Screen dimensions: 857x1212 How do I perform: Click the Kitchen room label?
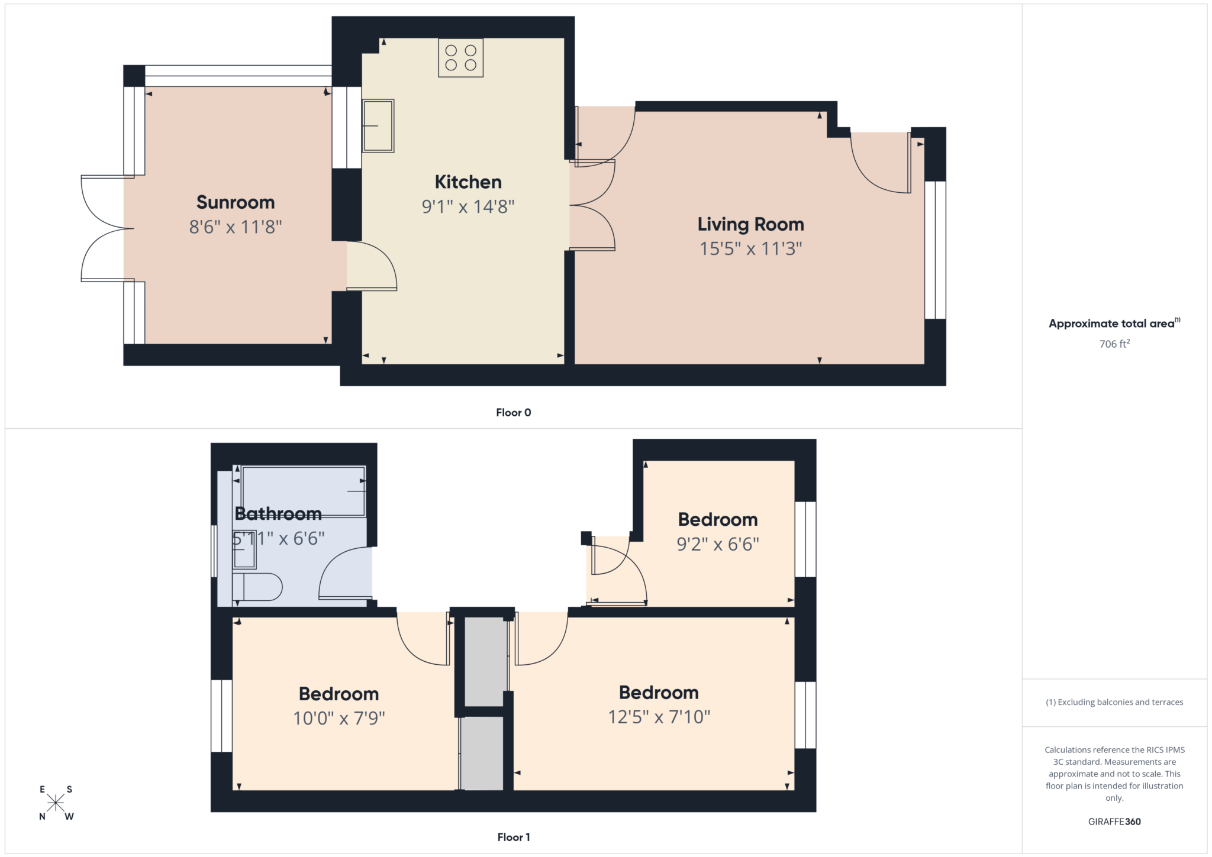click(468, 182)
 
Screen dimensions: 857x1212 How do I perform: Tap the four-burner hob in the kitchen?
click(460, 58)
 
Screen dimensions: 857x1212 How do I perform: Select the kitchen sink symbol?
click(378, 125)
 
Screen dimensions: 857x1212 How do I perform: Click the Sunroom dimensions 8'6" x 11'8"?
click(235, 227)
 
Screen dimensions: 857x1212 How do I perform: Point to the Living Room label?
click(750, 224)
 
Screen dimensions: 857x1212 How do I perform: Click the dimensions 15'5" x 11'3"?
click(750, 248)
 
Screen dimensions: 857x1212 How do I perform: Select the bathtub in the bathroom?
click(303, 491)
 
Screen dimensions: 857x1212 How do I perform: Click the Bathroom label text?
click(278, 513)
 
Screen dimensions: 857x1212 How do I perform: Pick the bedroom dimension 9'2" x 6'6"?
click(717, 544)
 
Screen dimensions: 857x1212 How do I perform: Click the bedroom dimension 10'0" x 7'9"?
click(339, 718)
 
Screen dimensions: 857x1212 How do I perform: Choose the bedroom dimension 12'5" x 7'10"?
click(659, 717)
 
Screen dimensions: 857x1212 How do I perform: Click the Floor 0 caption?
click(513, 413)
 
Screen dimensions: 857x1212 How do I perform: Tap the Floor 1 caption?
click(513, 837)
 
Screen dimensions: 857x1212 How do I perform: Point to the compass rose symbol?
click(56, 803)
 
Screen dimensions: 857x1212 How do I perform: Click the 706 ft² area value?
click(1114, 344)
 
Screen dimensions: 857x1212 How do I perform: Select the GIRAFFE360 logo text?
click(1114, 822)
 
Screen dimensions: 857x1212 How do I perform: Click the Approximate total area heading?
click(1113, 324)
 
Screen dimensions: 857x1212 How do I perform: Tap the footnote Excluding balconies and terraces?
click(1114, 702)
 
